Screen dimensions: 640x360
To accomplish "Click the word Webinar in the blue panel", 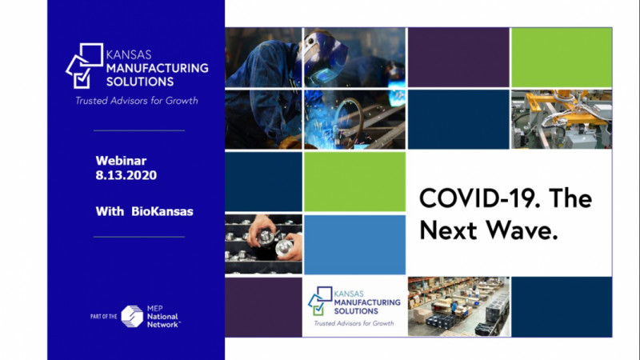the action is pyautogui.click(x=121, y=161).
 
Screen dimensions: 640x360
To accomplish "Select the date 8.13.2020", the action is pyautogui.click(x=126, y=175).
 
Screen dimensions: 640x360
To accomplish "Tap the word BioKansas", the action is pyautogui.click(x=162, y=211).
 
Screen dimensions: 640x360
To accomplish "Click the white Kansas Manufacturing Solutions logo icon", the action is pyautogui.click(x=85, y=66).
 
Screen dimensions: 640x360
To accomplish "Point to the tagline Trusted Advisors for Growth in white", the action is pyautogui.click(x=136, y=101).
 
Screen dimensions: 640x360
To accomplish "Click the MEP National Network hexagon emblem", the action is pyautogui.click(x=132, y=316).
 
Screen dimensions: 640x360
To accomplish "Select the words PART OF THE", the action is pyautogui.click(x=104, y=316).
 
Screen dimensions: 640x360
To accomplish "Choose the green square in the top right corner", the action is pyautogui.click(x=562, y=58).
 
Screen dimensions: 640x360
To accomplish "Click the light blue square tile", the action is pyautogui.click(x=354, y=245).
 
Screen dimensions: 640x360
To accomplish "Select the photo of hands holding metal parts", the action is pyautogui.click(x=264, y=244).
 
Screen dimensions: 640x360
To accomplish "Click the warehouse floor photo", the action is pyautogui.click(x=459, y=306).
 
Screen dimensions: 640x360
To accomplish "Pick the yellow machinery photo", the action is pyautogui.click(x=562, y=119).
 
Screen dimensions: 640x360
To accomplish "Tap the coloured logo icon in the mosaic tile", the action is pyautogui.click(x=320, y=301).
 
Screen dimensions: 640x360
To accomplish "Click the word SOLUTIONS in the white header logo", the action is pyautogui.click(x=140, y=82).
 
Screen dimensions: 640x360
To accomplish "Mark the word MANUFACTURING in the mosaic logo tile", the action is pyautogui.click(x=367, y=302).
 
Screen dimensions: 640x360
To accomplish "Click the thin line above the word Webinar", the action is pyautogui.click(x=139, y=130).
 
